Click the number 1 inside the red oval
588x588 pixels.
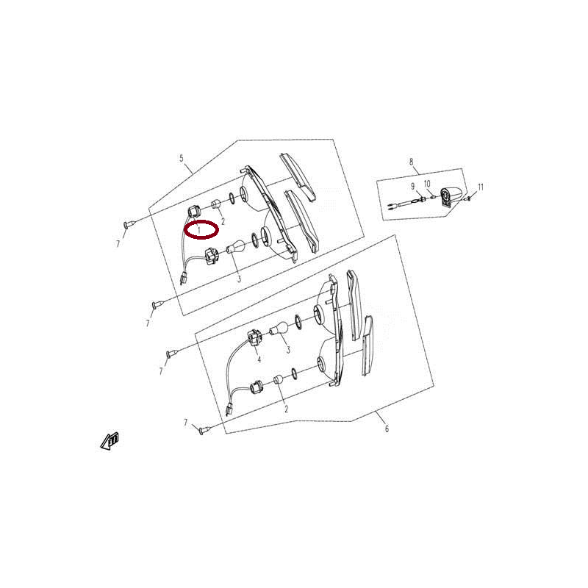[x=199, y=229]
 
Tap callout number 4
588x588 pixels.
[x=259, y=359]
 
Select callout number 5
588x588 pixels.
[x=182, y=158]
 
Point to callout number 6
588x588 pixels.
[x=387, y=429]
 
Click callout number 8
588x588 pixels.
[x=412, y=162]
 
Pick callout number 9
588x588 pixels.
[x=413, y=186]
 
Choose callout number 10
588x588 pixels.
[x=427, y=184]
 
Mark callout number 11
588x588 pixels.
[x=481, y=187]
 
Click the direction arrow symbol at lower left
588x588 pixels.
[x=110, y=441]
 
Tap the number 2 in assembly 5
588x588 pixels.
[x=223, y=221]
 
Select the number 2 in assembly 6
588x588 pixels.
[x=286, y=409]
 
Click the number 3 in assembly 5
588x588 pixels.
[x=239, y=279]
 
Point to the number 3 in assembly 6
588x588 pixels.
[x=288, y=350]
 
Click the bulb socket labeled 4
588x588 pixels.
[x=254, y=336]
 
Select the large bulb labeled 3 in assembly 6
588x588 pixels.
[x=279, y=329]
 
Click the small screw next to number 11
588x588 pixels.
[x=467, y=198]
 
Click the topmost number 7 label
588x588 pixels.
[x=118, y=244]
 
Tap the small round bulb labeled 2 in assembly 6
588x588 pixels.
[x=278, y=379]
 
